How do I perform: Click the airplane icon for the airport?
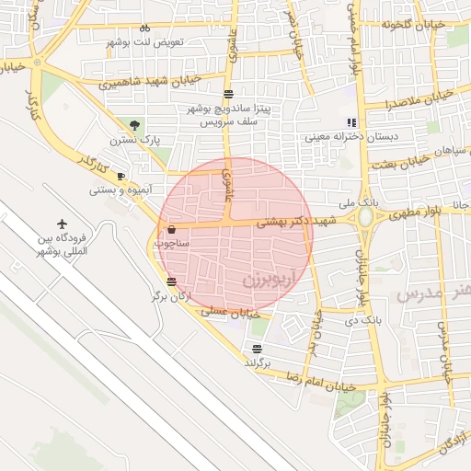point(63,224)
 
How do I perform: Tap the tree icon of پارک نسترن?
point(136,124)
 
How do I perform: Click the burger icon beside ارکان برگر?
point(172,281)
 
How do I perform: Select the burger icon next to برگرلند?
point(257,349)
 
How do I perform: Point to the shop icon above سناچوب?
point(172,230)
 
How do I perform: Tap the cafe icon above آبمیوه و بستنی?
point(121,176)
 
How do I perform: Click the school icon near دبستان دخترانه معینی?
point(350,122)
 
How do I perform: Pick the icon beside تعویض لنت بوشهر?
point(144,29)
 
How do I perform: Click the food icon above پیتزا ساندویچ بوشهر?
point(228,94)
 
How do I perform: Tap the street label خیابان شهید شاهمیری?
point(137,81)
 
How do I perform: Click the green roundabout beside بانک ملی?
point(367,217)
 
